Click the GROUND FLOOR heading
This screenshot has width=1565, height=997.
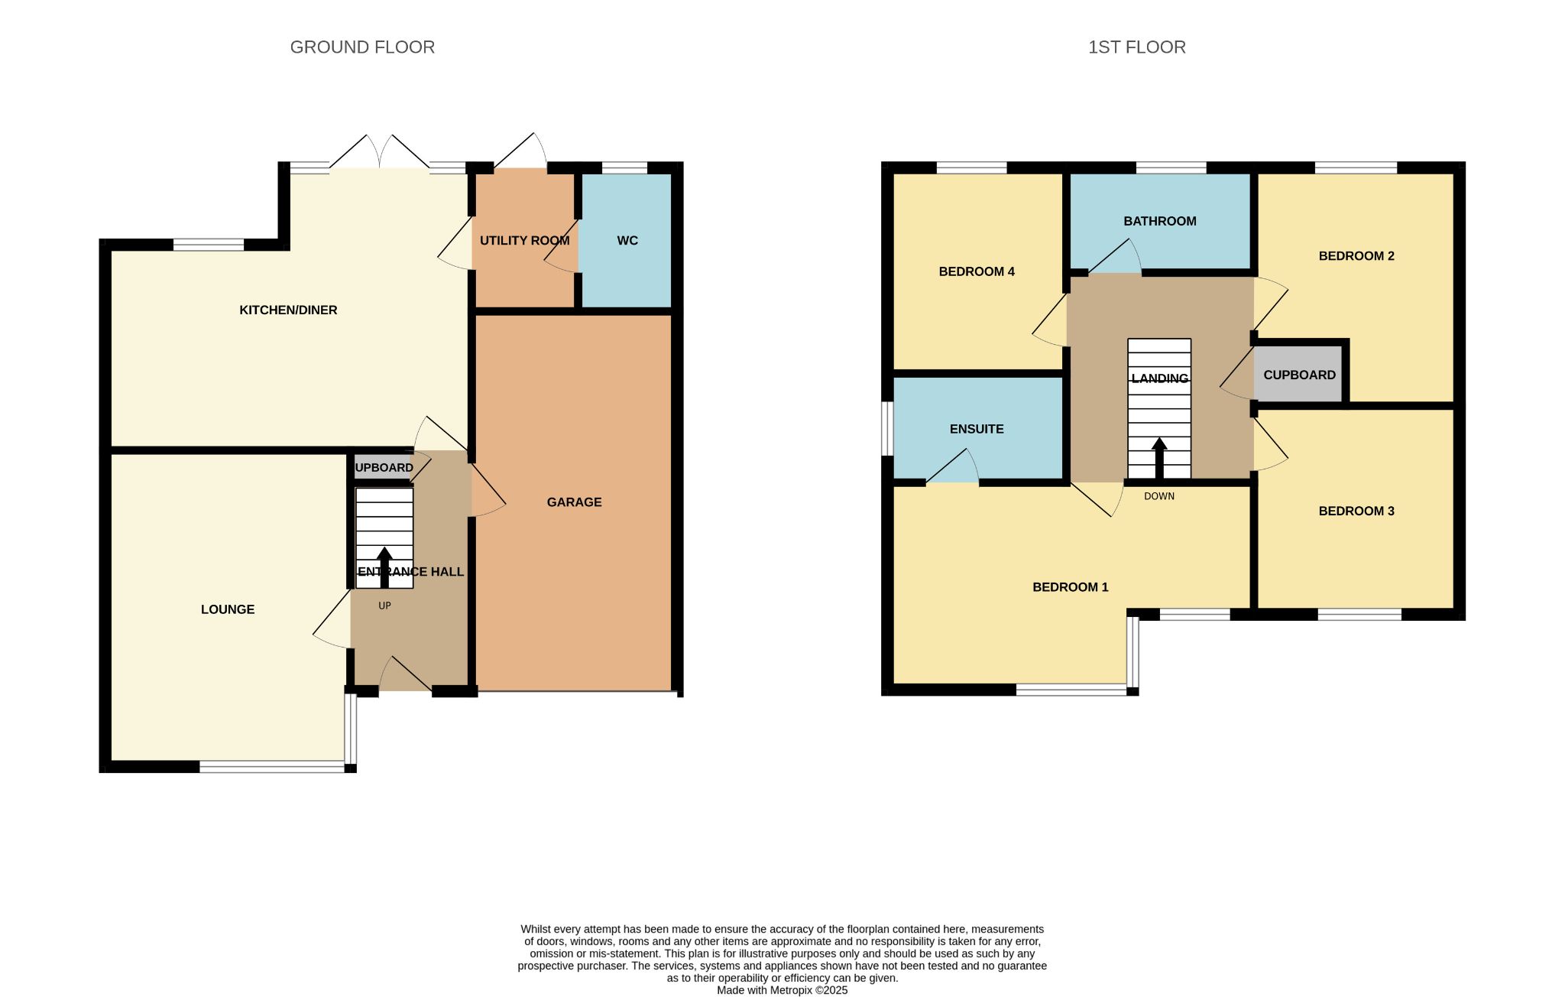pos(362,47)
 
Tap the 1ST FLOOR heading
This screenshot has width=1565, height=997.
pos(1137,47)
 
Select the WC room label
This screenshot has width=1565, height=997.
pos(627,241)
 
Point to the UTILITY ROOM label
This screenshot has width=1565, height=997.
pos(525,241)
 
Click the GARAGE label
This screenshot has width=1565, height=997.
pos(575,502)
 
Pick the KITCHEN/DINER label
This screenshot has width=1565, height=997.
pos(288,310)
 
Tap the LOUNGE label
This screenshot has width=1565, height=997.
pos(228,609)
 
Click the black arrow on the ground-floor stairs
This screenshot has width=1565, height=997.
pos(384,567)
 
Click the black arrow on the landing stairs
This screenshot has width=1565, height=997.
pos(1159,458)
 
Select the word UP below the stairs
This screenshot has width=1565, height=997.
pos(384,606)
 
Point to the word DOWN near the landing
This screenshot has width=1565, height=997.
pos(1159,496)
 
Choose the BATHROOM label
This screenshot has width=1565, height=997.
pos(1160,222)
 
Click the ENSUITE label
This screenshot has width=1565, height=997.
pos(977,429)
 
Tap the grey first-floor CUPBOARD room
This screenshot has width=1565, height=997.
pos(1299,374)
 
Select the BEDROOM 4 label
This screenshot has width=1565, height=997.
pos(977,271)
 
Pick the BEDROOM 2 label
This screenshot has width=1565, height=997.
pos(1356,256)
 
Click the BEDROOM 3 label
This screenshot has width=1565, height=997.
pos(1356,511)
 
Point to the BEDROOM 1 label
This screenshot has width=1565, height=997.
pos(1070,587)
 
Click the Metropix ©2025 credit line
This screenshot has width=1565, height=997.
pos(782,990)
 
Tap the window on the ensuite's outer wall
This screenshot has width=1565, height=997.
pos(887,429)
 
